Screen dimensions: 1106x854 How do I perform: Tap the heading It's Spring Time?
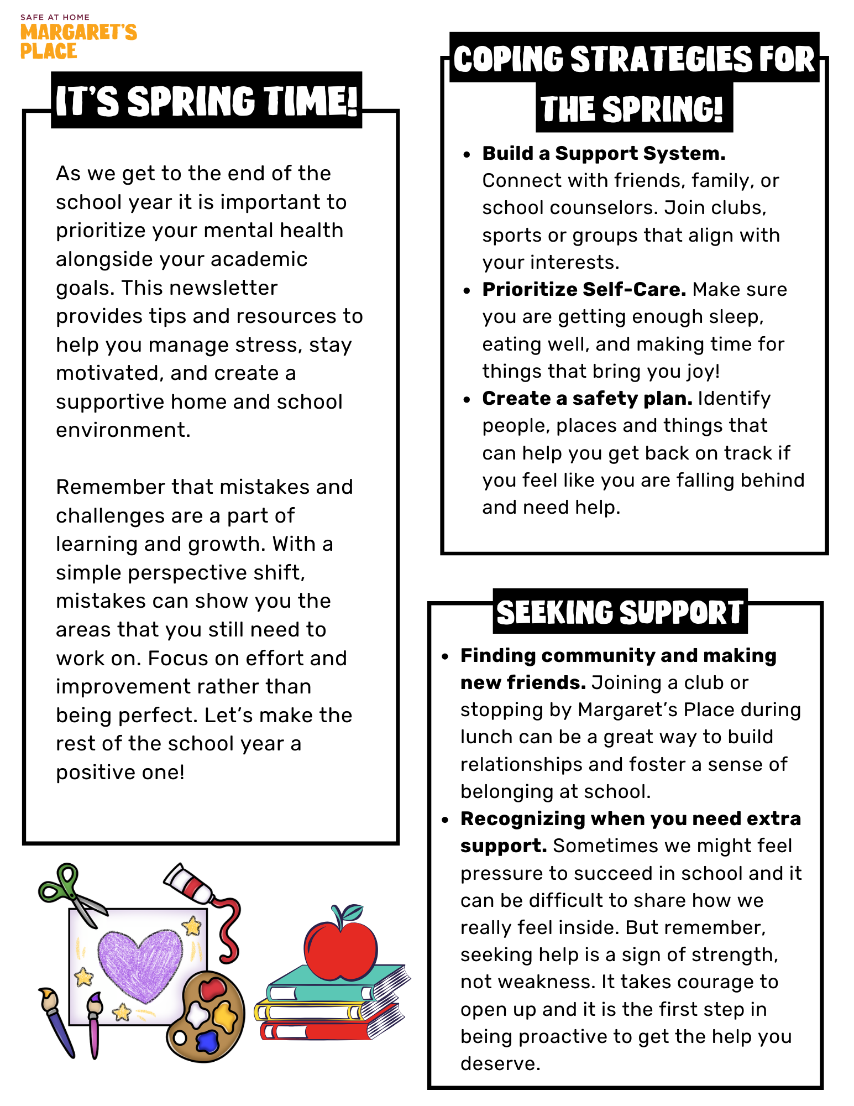tap(207, 101)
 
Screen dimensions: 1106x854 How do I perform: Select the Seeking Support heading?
tap(620, 612)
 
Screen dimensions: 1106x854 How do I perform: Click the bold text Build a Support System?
tap(604, 153)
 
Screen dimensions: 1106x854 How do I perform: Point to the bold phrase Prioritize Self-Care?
tap(584, 289)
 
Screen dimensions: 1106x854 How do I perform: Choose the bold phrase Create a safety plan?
tap(587, 398)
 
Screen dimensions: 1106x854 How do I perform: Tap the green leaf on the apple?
tap(352, 911)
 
